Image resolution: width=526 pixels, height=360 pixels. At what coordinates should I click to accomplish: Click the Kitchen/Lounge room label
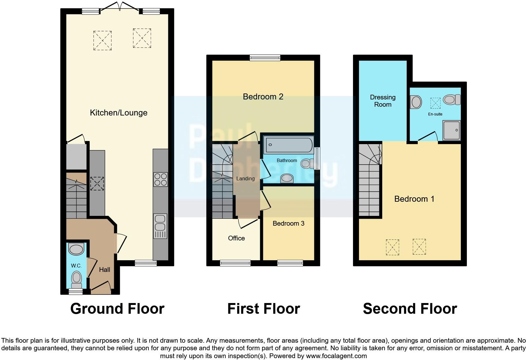tap(119, 113)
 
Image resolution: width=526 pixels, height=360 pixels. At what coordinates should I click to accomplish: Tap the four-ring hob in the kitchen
tap(160, 180)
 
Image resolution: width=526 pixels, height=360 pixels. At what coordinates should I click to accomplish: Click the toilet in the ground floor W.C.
tap(76, 279)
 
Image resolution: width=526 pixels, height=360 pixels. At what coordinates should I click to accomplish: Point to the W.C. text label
tap(76, 266)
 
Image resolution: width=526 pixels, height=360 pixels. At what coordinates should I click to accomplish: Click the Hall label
tap(104, 270)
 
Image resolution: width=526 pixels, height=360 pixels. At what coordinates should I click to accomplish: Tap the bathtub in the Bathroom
tap(288, 145)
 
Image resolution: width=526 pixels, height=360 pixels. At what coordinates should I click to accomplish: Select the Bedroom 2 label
tap(263, 97)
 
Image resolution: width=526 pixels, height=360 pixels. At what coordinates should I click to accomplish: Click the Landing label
tap(245, 178)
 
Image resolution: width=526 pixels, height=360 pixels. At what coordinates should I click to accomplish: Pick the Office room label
tap(236, 238)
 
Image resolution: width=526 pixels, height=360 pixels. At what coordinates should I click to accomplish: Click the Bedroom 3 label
tap(288, 223)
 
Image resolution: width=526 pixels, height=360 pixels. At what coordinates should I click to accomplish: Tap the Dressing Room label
tap(383, 101)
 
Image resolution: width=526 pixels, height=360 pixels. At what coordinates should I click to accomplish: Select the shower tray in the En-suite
tap(452, 130)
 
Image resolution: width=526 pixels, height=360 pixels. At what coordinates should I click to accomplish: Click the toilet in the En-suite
tap(452, 100)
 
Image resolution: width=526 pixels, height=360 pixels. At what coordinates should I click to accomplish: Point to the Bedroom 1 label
tap(414, 199)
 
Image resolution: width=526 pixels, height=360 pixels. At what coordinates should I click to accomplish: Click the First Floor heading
tap(263, 309)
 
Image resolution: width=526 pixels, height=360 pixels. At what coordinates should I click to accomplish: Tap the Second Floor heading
tap(410, 309)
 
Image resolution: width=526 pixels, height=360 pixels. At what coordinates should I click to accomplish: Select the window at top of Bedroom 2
tap(265, 58)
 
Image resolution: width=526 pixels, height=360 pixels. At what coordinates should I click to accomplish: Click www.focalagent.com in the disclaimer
tap(336, 356)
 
